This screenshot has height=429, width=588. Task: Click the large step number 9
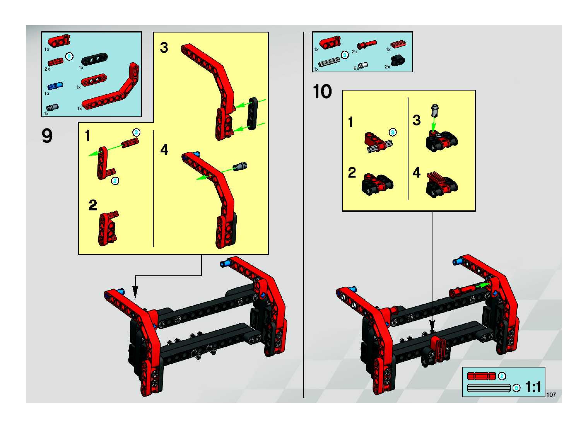47,136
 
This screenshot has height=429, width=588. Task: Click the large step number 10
322,92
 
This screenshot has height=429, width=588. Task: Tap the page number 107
551,395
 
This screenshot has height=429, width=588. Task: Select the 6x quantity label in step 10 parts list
356,68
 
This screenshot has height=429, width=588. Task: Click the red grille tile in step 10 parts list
398,44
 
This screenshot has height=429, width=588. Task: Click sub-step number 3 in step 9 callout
164,48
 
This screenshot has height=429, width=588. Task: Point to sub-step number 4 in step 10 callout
417,172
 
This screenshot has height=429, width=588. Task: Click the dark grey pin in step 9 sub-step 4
240,166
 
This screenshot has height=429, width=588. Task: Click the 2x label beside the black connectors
387,67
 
